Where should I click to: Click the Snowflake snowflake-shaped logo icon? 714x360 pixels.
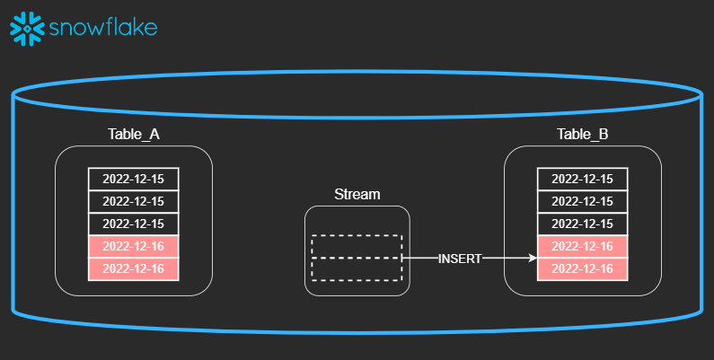coord(27,28)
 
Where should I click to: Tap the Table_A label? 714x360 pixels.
coord(133,135)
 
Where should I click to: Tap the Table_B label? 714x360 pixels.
coord(582,135)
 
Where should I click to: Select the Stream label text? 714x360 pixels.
coord(357,194)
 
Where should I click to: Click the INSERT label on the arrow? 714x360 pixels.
coord(460,259)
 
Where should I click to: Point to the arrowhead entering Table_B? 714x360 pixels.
coord(532,259)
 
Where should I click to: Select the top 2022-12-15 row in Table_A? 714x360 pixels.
coord(133,179)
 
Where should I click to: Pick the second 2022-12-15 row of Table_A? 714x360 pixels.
coord(133,201)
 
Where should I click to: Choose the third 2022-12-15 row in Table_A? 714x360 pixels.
coord(133,224)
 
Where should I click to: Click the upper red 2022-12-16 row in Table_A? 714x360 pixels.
coord(133,246)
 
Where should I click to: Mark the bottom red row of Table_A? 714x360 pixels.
coord(133,268)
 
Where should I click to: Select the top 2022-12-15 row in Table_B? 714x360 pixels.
coord(582,179)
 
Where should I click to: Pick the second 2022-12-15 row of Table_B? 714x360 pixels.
coord(582,201)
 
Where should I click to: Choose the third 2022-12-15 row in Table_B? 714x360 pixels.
coord(582,224)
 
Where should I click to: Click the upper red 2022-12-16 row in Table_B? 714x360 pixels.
coord(582,246)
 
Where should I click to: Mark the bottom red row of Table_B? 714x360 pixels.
coord(582,268)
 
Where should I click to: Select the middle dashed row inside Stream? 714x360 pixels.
coord(357,259)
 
